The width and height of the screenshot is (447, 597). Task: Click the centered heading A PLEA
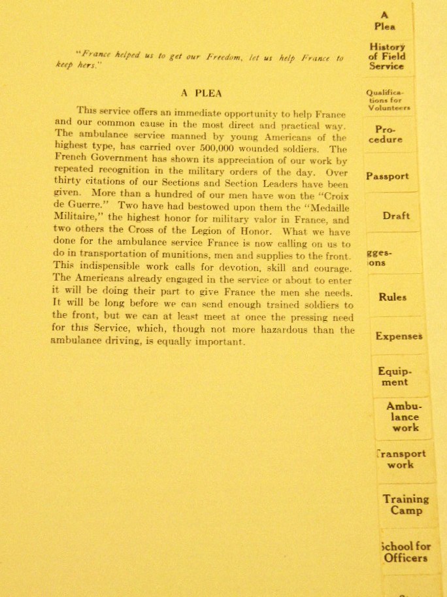(201, 93)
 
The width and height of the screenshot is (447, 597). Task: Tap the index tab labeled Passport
(387, 176)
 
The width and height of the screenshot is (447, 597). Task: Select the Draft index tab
(396, 216)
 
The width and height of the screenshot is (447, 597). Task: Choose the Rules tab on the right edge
(392, 297)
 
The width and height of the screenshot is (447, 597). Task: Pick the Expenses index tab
(399, 336)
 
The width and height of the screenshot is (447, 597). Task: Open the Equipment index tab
(395, 377)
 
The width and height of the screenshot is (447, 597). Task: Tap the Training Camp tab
(406, 504)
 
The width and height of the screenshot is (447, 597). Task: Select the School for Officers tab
(405, 552)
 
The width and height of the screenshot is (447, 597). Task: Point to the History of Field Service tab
(387, 56)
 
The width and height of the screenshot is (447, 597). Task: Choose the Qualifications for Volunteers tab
(389, 100)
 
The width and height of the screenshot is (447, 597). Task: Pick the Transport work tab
(401, 459)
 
